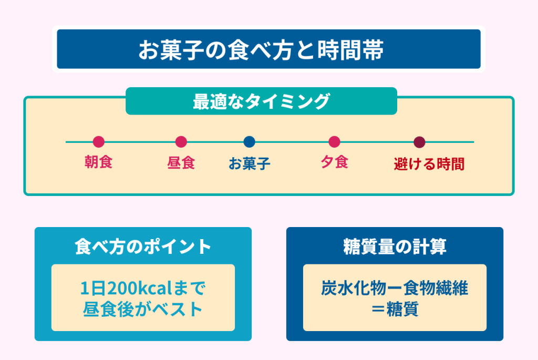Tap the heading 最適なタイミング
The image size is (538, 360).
click(261, 101)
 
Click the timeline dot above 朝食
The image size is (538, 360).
click(99, 142)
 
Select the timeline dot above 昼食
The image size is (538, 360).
click(181, 142)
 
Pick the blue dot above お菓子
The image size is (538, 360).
click(250, 142)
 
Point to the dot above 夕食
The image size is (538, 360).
click(334, 142)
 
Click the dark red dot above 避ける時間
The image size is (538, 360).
click(419, 142)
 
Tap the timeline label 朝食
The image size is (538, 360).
click(99, 162)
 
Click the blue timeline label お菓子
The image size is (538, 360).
click(250, 163)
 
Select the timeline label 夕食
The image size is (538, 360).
click(334, 162)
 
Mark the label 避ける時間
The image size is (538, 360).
click(429, 164)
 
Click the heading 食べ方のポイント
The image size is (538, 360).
click(143, 247)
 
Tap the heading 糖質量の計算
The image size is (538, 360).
click(395, 247)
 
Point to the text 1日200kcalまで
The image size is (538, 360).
click(143, 289)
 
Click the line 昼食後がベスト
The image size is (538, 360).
click(143, 310)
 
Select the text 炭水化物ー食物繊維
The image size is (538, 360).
click(395, 289)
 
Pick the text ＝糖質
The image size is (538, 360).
click(395, 310)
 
